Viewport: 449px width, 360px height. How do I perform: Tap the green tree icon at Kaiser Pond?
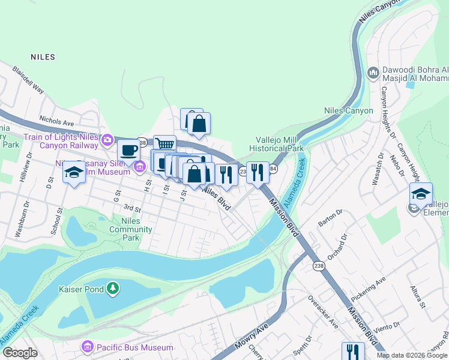(x=113, y=289)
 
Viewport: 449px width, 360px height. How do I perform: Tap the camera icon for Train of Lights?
(x=107, y=140)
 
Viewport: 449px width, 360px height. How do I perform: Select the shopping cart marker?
(x=164, y=144)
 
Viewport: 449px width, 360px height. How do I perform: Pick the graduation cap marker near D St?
(x=74, y=173)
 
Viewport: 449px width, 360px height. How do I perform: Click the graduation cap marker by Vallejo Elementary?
(x=421, y=193)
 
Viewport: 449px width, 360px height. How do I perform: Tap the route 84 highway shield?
(x=273, y=169)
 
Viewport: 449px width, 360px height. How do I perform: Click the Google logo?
(x=20, y=353)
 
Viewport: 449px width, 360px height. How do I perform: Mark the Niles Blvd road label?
(x=216, y=199)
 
